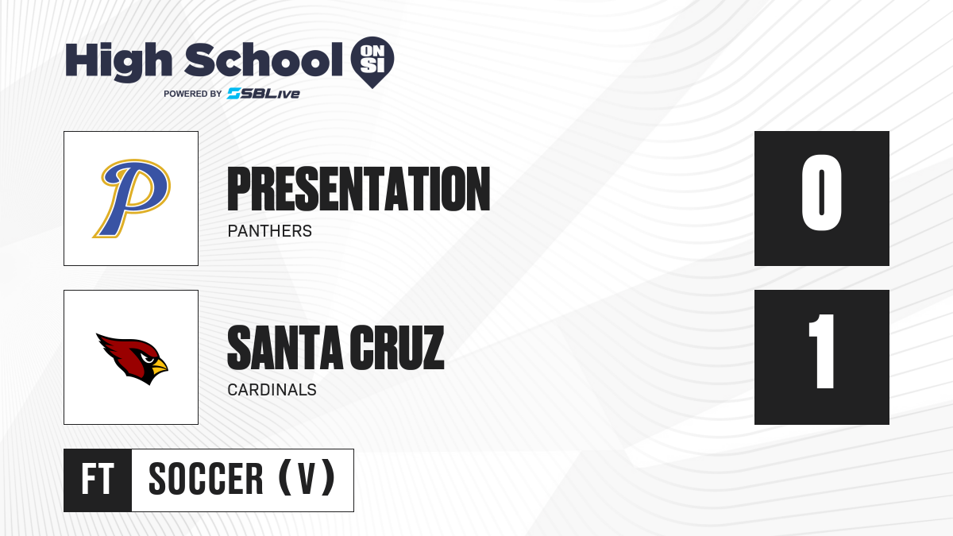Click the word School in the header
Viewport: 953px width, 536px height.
(264, 60)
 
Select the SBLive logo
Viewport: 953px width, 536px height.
(264, 94)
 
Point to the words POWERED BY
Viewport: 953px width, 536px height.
(193, 94)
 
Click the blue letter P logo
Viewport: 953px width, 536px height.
(132, 199)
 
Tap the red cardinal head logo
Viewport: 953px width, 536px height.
(132, 359)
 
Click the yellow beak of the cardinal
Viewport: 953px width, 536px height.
(159, 366)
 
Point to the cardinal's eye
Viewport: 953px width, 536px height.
(148, 359)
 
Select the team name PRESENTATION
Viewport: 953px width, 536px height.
(359, 189)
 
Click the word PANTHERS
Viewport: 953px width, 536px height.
(270, 231)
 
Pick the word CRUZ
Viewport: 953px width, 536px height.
(396, 348)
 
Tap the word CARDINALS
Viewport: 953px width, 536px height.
(272, 390)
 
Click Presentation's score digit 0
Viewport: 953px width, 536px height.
(821, 192)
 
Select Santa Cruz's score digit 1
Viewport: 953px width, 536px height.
(821, 351)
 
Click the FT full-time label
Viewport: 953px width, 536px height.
(98, 480)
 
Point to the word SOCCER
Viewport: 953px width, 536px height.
(206, 480)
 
